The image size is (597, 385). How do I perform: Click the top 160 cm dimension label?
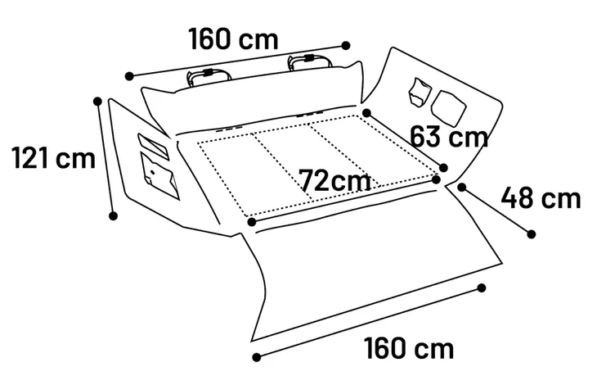233,38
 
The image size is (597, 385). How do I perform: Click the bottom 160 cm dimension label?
409,348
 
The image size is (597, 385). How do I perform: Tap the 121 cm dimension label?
54,158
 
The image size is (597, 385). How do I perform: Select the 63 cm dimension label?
449,137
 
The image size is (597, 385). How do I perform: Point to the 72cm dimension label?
335,180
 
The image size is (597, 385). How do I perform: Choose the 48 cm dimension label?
541,197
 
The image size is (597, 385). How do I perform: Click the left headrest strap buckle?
208,72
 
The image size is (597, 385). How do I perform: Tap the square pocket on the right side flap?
449,108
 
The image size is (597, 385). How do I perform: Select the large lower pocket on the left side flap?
160,175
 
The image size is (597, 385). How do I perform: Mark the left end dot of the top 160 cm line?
129,76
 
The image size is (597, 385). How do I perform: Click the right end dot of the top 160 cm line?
346,46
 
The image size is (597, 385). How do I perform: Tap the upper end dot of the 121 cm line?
97,102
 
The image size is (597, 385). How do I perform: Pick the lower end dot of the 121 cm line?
113,215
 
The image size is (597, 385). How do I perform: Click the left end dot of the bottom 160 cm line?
257,357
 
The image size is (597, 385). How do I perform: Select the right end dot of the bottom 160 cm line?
482,288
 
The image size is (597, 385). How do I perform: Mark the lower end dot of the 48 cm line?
531,234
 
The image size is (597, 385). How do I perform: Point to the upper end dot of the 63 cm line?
366,113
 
